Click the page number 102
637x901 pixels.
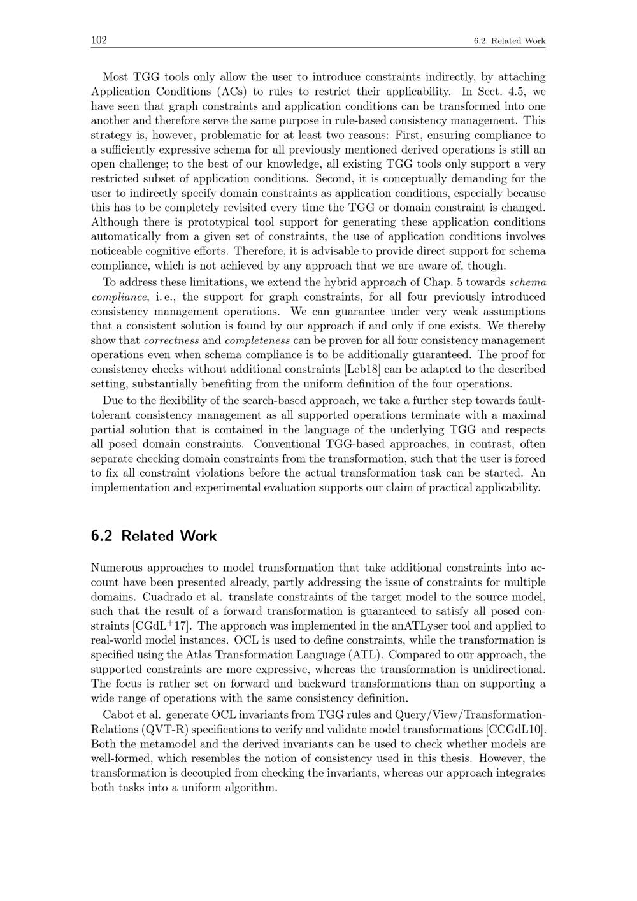click(x=99, y=40)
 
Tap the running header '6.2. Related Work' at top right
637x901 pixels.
click(x=510, y=41)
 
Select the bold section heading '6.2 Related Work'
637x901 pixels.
click(x=154, y=536)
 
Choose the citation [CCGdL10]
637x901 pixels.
click(x=515, y=730)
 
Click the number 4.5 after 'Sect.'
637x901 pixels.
click(x=512, y=92)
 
